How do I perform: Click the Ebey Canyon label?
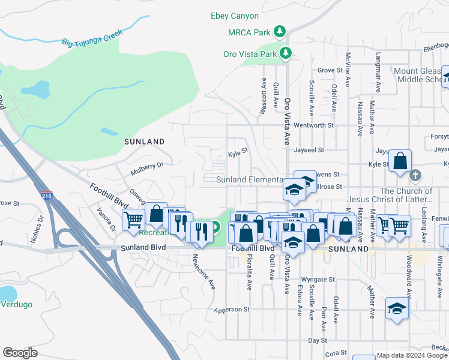[235, 16]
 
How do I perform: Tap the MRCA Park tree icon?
[279, 31]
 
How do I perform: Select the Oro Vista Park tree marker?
[287, 53]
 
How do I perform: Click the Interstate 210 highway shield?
[48, 196]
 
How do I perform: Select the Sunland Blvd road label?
[143, 247]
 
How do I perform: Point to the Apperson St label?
[232, 310]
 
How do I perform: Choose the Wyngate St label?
[318, 280]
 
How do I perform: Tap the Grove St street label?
[330, 70]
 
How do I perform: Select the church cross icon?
[414, 176]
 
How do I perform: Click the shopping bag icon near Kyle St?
[400, 161]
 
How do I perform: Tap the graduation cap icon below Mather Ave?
[397, 309]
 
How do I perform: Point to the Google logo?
[20, 353]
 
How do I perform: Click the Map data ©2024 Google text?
[412, 355]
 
